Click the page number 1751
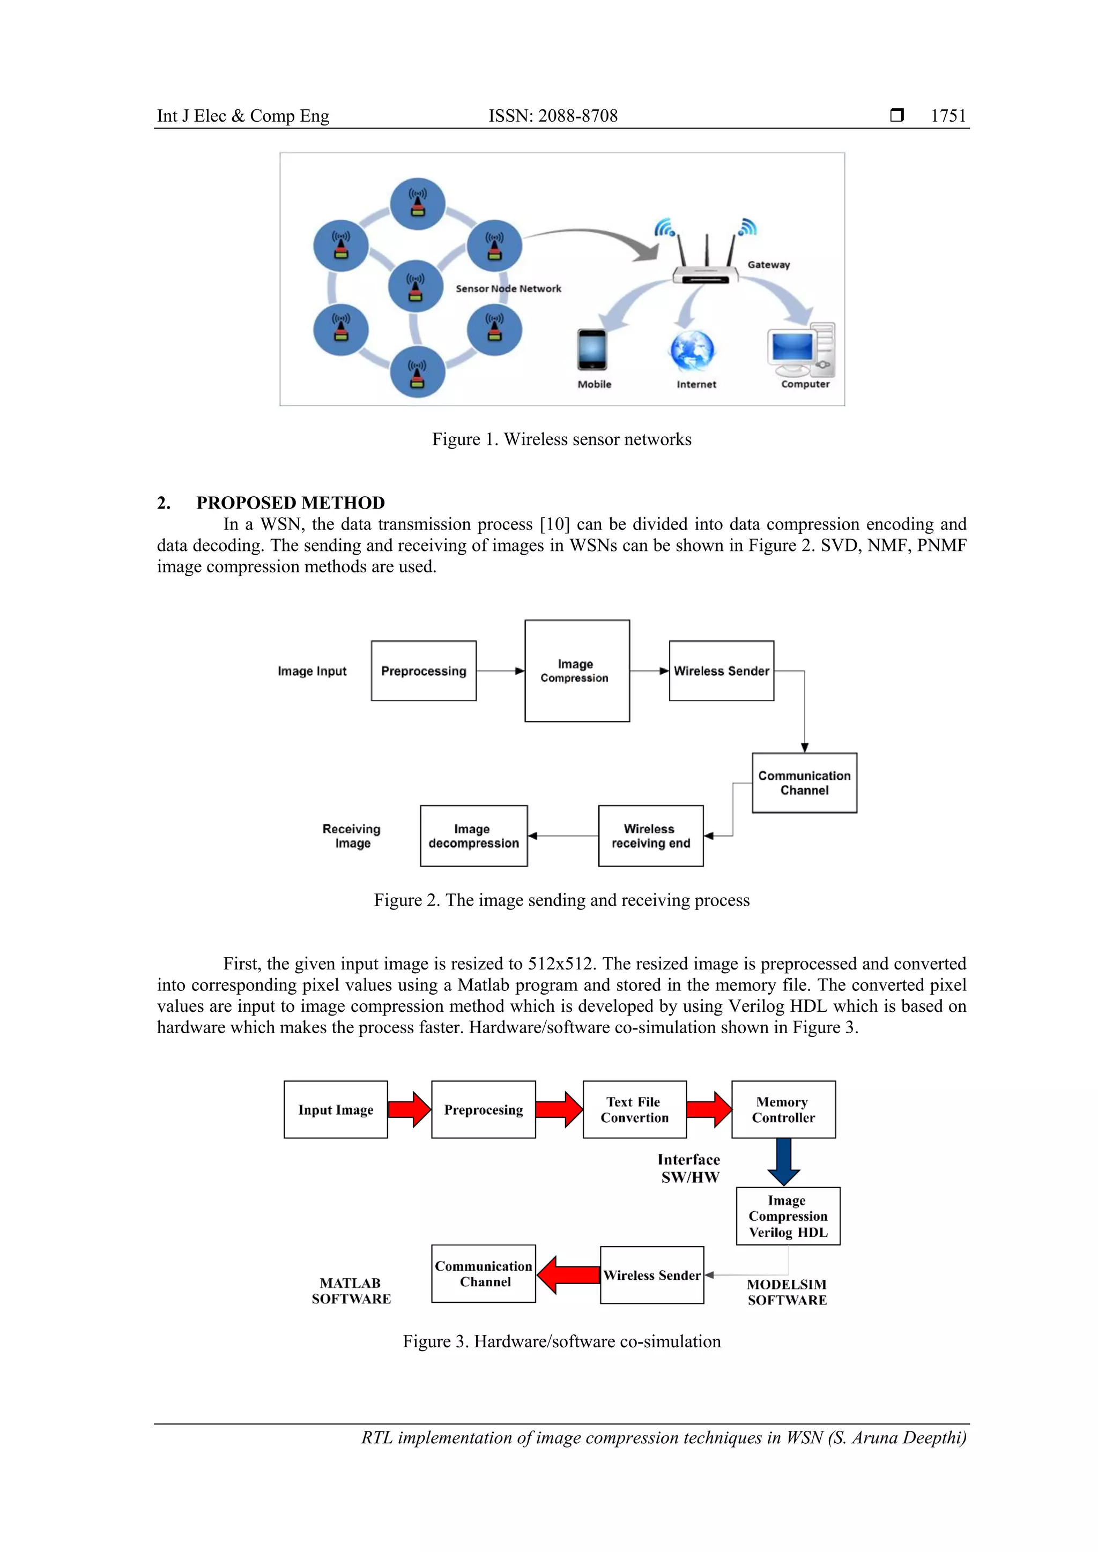(948, 116)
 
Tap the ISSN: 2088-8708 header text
(553, 116)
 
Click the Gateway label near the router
(768, 264)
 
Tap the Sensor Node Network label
(508, 289)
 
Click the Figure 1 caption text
(561, 439)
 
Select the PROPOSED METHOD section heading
(290, 502)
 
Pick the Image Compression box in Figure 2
(577, 670)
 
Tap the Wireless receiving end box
(650, 835)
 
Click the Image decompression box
(473, 835)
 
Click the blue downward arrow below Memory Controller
(784, 1161)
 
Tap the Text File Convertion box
(634, 1109)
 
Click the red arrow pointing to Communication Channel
(568, 1274)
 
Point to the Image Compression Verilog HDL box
(788, 1216)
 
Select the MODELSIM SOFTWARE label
(787, 1292)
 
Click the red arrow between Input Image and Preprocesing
(409, 1109)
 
